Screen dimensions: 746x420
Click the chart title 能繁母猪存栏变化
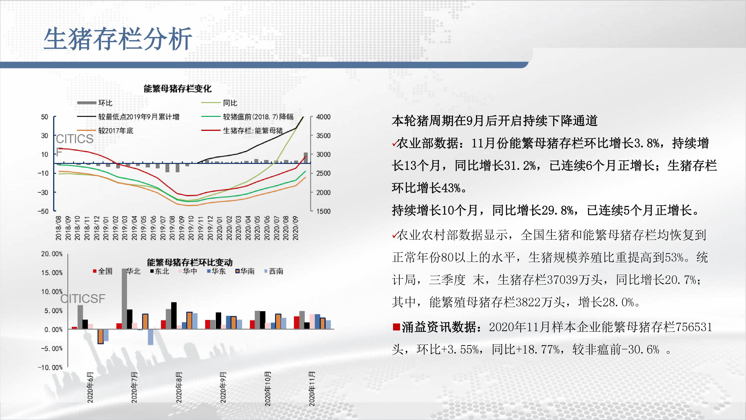click(178, 89)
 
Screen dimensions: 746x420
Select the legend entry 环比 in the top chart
click(95, 103)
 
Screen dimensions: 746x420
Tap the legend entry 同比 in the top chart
click(219, 103)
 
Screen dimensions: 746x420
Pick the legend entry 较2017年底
click(105, 131)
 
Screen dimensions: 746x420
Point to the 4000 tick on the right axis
click(323, 117)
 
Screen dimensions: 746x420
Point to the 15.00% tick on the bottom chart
click(52, 273)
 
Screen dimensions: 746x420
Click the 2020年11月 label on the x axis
click(312, 389)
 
